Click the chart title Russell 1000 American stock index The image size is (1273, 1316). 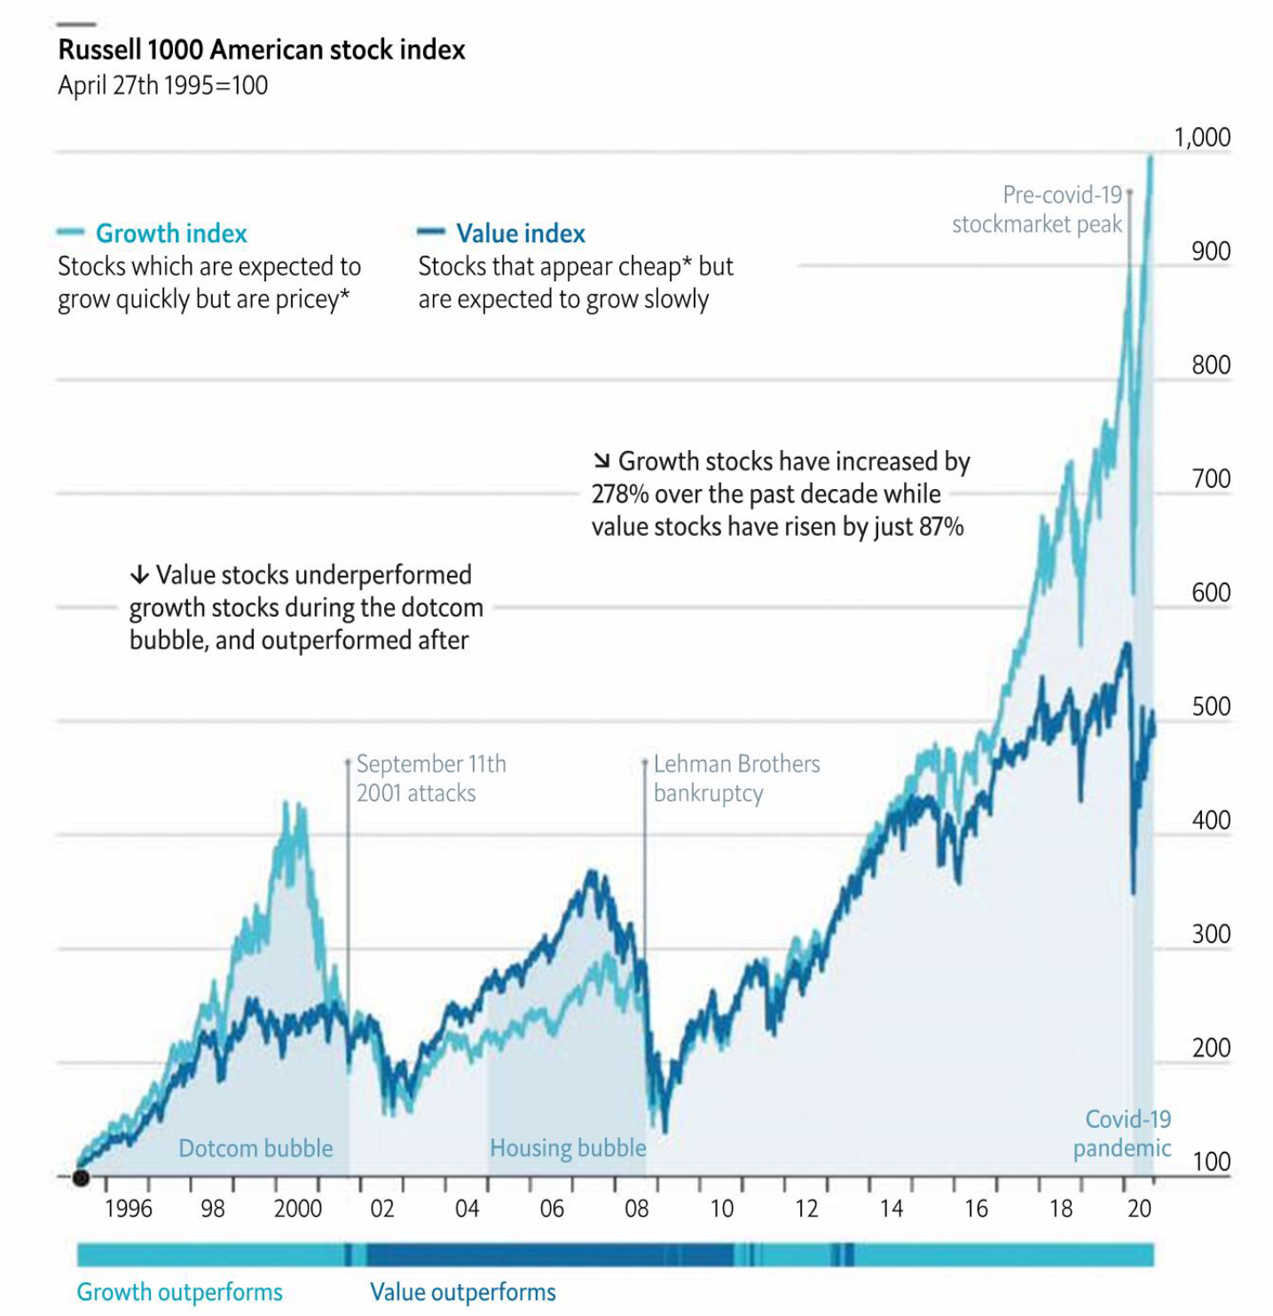tap(262, 50)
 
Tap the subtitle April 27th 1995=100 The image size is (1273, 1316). tap(163, 85)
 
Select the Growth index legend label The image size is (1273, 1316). tap(171, 233)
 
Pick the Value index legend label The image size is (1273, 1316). tap(521, 233)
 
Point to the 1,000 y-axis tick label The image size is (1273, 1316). tap(1202, 138)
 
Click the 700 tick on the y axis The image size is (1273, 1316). tap(1211, 479)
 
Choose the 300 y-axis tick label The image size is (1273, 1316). tap(1211, 934)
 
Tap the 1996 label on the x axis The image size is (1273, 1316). tap(128, 1209)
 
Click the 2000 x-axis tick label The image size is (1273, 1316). tap(297, 1209)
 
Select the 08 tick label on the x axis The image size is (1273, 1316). tap(637, 1209)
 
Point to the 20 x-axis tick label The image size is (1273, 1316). tap(1139, 1209)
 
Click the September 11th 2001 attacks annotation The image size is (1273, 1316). tap(430, 778)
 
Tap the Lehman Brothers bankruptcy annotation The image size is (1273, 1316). tap(736, 778)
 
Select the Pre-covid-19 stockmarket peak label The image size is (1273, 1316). tap(1037, 209)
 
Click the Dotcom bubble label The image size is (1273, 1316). tap(255, 1148)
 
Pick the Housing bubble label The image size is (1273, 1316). tap(568, 1148)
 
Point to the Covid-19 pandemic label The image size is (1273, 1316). tap(1122, 1134)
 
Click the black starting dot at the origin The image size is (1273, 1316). tap(81, 1178)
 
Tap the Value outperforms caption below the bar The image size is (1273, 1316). tap(463, 1292)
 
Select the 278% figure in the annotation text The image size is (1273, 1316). tap(620, 494)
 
